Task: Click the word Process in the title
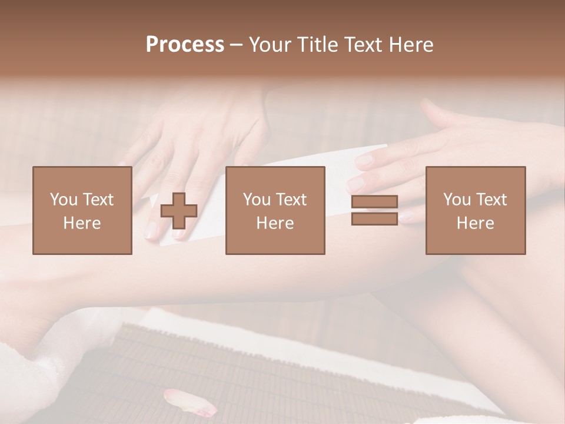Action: (x=185, y=45)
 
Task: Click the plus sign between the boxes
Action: (x=179, y=210)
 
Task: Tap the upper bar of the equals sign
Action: (x=374, y=202)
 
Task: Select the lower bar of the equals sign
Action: (x=374, y=218)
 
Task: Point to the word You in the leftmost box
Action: (x=62, y=200)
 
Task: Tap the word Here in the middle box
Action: (x=275, y=223)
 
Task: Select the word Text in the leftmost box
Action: (x=98, y=200)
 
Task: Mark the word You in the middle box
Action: (x=256, y=200)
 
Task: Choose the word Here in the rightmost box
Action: (x=475, y=223)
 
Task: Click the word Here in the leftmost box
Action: (x=82, y=223)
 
